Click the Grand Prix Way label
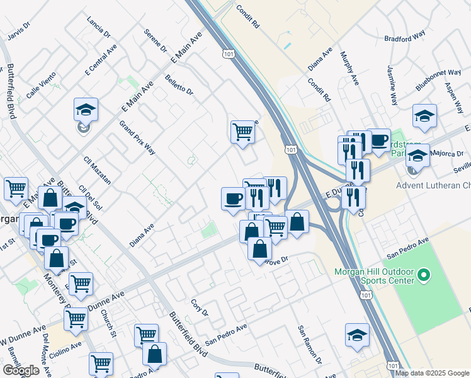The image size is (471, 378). click(x=137, y=137)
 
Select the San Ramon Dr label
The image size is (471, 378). click(x=310, y=345)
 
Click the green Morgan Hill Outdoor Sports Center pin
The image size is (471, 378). click(x=424, y=275)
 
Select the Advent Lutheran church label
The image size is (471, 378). click(x=433, y=185)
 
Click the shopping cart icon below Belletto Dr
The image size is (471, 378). click(x=242, y=132)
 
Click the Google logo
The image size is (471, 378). click(x=21, y=370)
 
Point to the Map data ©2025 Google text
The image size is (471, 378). click(x=433, y=373)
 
